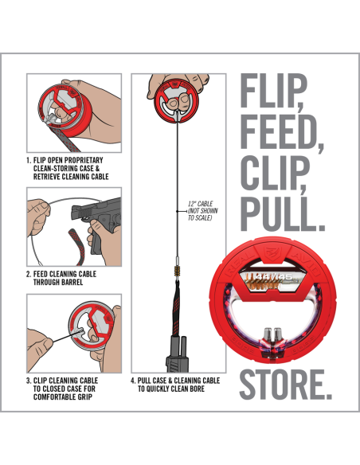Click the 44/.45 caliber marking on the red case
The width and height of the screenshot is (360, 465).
[273, 277]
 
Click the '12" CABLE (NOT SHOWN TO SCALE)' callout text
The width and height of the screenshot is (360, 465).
[203, 211]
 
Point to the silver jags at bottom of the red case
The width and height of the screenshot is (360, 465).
[273, 334]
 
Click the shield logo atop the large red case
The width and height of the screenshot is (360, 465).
[271, 252]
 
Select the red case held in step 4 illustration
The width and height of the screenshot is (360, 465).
[177, 101]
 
